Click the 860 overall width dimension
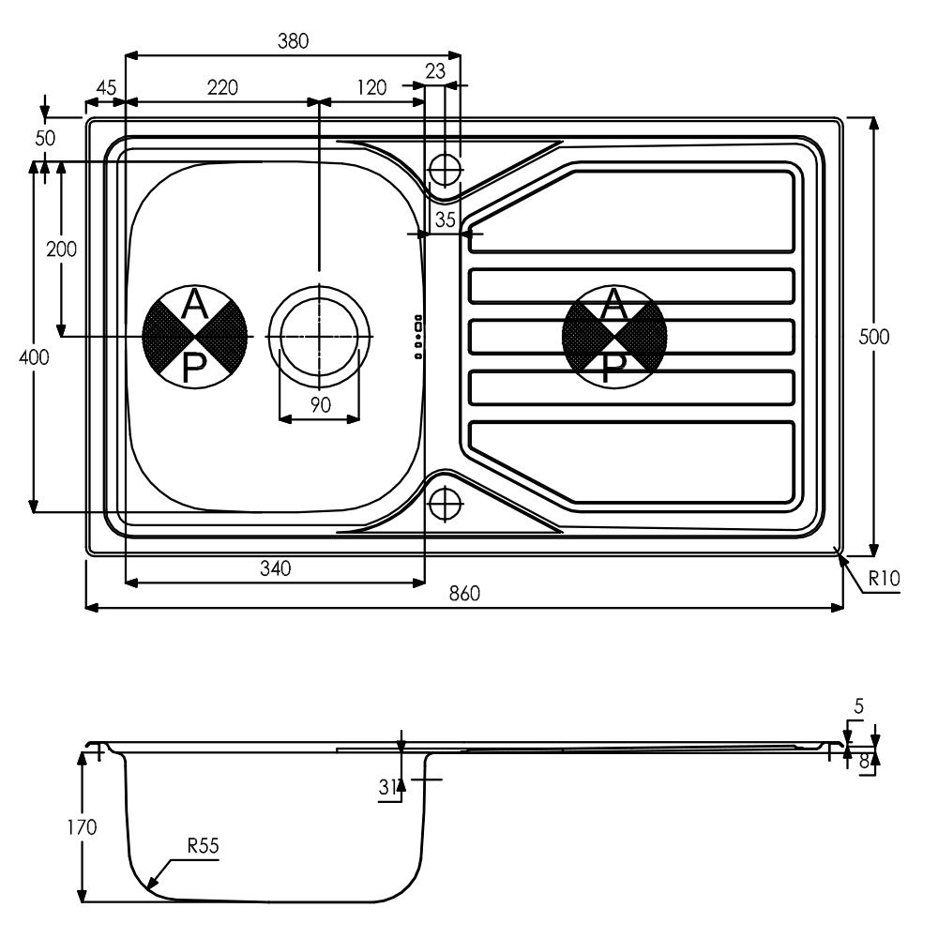pyautogui.click(x=464, y=594)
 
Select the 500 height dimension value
pyautogui.click(x=874, y=337)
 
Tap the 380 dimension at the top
pyautogui.click(x=293, y=40)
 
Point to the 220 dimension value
pyautogui.click(x=222, y=87)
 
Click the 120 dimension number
pyautogui.click(x=371, y=87)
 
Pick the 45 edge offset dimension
pyautogui.click(x=106, y=87)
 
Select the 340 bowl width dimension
pyautogui.click(x=275, y=567)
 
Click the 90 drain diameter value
pyautogui.click(x=321, y=405)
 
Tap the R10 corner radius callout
pyautogui.click(x=885, y=579)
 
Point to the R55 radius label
pyautogui.click(x=204, y=845)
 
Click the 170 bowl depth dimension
pyautogui.click(x=82, y=827)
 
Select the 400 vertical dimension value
pyautogui.click(x=34, y=357)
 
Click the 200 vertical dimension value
pyautogui.click(x=62, y=249)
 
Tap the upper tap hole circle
pyautogui.click(x=445, y=170)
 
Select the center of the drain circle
pyautogui.click(x=320, y=337)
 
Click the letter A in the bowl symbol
pyautogui.click(x=193, y=305)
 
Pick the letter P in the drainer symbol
pyautogui.click(x=613, y=367)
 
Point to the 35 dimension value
pyautogui.click(x=445, y=220)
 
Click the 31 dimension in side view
pyautogui.click(x=387, y=787)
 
